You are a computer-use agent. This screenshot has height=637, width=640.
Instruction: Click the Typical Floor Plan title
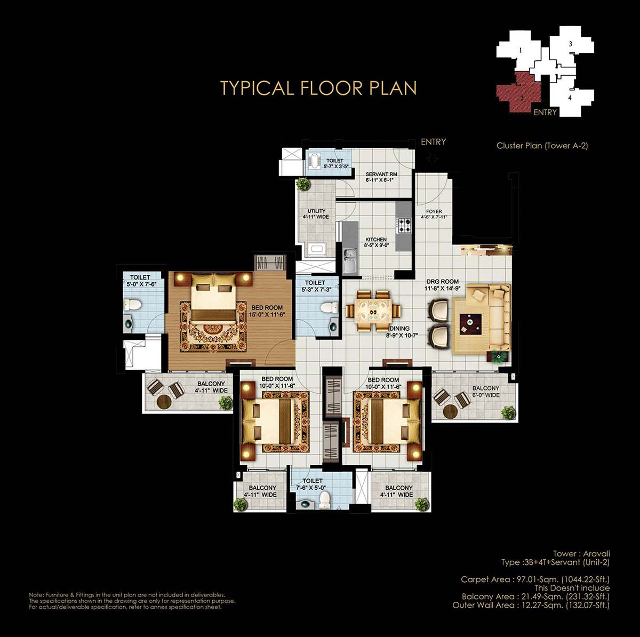318,88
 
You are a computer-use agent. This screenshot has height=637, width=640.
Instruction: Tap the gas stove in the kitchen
404,225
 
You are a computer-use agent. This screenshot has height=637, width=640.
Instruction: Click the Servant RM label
381,177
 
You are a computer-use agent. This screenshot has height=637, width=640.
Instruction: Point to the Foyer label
434,214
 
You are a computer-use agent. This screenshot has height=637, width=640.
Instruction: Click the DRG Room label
443,285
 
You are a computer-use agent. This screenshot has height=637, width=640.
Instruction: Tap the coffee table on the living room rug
470,323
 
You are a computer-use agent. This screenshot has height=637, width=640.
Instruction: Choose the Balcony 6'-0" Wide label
486,392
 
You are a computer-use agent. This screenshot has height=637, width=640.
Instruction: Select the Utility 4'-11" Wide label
316,214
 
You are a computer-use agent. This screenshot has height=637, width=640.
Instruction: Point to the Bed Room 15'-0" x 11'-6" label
267,311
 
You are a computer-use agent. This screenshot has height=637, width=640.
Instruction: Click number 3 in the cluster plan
570,44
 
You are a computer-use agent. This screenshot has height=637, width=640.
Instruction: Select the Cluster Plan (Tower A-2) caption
542,146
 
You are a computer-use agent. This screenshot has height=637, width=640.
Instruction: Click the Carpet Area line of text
535,579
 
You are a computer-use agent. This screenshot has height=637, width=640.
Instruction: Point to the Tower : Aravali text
581,554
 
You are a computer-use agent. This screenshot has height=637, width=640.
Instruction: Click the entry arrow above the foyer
432,159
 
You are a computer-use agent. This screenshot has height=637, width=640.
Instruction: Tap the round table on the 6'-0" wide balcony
450,411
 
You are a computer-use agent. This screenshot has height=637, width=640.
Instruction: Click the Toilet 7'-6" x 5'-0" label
312,484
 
